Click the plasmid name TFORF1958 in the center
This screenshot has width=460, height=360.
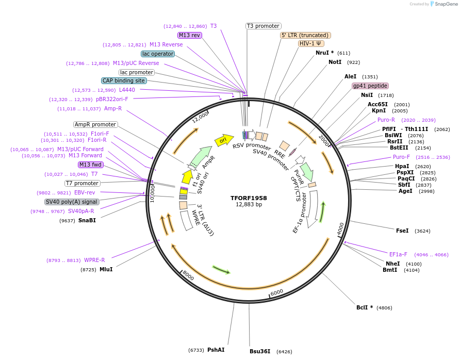(x=249, y=198)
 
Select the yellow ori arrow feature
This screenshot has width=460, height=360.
(x=223, y=139)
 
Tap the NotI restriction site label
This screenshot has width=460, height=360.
(x=335, y=62)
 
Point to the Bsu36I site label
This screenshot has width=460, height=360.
(x=260, y=351)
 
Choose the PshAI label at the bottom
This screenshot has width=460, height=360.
(x=216, y=350)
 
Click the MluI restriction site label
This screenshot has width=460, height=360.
(x=106, y=269)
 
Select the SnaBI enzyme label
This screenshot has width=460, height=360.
(x=87, y=220)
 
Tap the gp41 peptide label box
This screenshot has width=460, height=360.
(x=370, y=86)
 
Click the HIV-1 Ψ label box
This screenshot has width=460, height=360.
(x=311, y=43)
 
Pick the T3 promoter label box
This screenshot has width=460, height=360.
(x=263, y=26)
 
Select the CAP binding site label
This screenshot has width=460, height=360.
(x=124, y=80)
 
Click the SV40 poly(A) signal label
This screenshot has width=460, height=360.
(x=71, y=202)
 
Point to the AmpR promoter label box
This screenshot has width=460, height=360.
(x=95, y=124)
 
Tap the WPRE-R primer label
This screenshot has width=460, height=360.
(x=94, y=260)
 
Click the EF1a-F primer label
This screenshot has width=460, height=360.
(x=398, y=254)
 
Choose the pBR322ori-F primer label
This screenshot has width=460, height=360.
(x=112, y=99)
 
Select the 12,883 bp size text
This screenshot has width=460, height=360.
(x=249, y=204)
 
